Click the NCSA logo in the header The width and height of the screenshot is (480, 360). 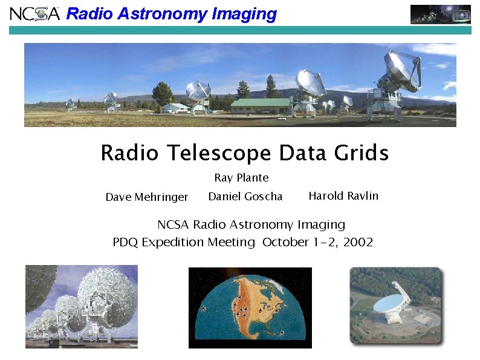pos(34,13)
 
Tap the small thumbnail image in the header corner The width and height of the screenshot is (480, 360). pos(440,14)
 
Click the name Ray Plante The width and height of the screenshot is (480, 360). pos(241,178)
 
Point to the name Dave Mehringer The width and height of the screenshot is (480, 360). pos(147,197)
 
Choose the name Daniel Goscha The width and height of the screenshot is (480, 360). pos(245,197)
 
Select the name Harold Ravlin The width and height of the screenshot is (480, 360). pos(343,196)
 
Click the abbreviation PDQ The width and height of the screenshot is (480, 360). pos(125,243)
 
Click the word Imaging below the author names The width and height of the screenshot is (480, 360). pos(321,225)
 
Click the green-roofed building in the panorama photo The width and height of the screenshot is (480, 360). pos(260,105)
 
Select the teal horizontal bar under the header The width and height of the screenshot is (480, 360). pos(240,30)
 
